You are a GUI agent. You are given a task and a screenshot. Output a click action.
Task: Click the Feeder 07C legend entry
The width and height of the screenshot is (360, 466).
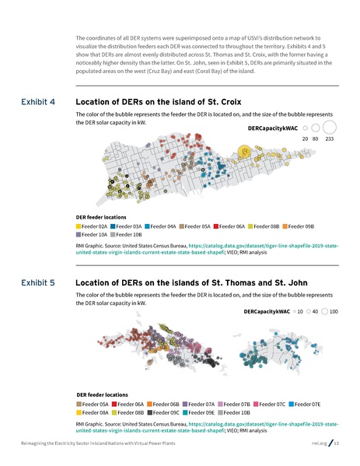point(271,405)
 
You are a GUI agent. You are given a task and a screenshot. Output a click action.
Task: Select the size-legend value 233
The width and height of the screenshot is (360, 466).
point(330,138)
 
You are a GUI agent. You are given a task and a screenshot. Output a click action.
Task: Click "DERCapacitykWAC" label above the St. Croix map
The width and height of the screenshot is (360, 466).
point(274,127)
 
